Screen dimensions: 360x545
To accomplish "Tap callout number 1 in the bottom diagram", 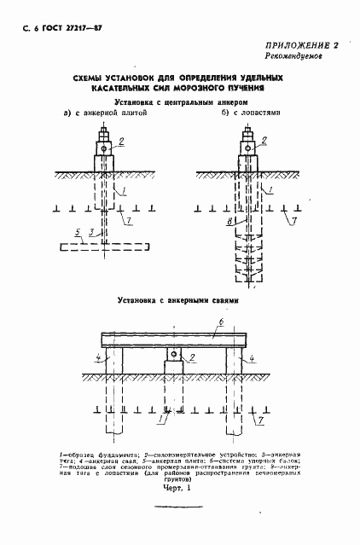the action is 162,420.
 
